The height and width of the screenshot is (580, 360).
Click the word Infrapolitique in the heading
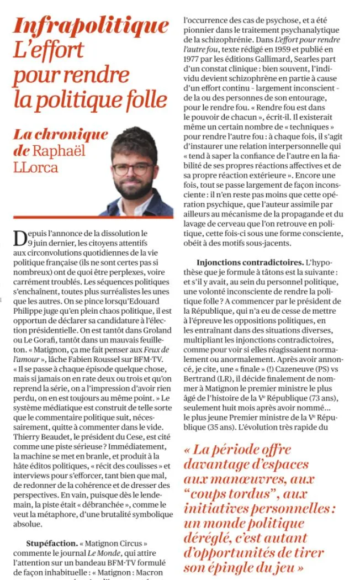(x=91, y=25)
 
